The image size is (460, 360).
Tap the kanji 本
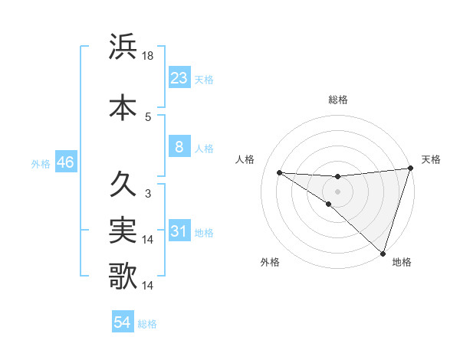coord(123,107)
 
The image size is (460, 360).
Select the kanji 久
coord(123,185)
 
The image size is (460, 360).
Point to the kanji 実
coord(123,230)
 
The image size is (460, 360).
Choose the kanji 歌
coord(123,276)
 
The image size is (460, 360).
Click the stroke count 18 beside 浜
coord(149,56)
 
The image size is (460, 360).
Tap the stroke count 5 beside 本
coord(148,116)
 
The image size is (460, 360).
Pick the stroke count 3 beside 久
coord(148,194)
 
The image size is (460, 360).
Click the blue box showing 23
coord(179,78)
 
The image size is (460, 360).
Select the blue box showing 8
coord(179,147)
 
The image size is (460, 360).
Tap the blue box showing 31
coord(179,231)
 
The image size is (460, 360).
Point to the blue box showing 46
coord(65,162)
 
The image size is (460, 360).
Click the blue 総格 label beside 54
coord(148,324)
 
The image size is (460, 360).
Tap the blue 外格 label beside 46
coord(41,163)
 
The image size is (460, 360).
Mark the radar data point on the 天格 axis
coord(410,169)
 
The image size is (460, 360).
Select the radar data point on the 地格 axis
coord(383,254)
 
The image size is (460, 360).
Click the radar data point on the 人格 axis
coord(279,172)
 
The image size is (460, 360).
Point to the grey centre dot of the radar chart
coord(337,190)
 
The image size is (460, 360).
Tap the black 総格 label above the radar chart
coord(338,100)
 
